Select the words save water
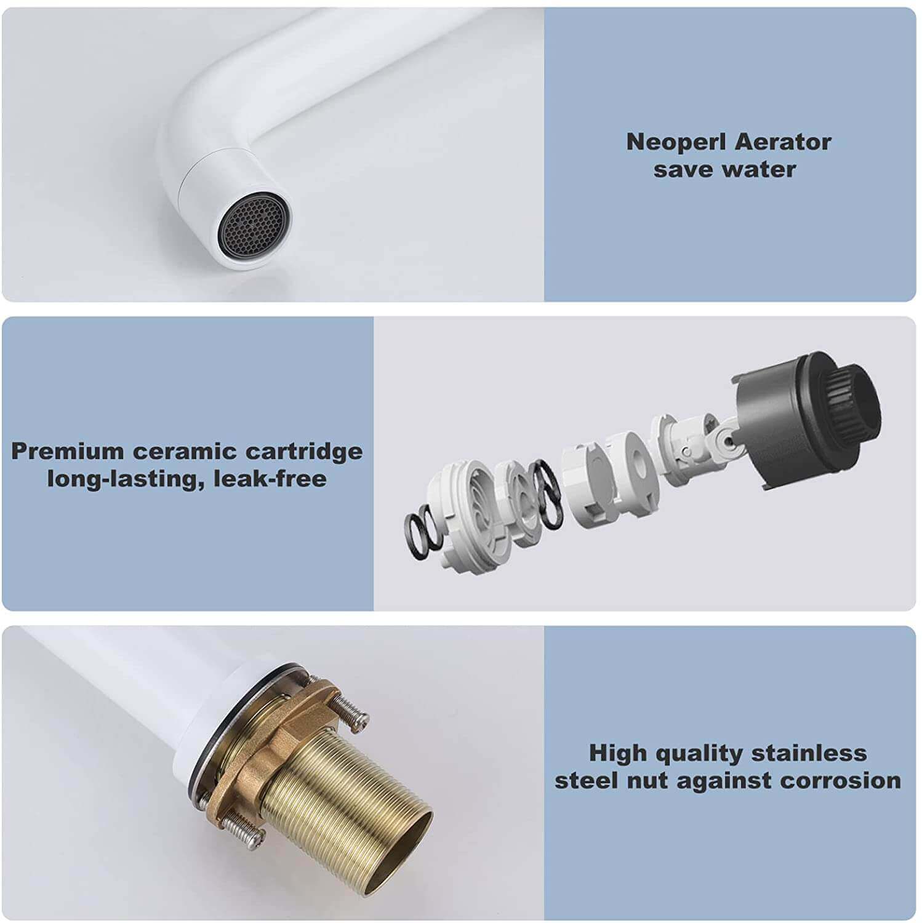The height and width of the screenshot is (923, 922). (724, 169)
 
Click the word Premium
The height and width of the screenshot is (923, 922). (68, 451)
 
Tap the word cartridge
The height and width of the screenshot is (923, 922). (304, 452)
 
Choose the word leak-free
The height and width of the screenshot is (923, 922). (270, 478)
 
